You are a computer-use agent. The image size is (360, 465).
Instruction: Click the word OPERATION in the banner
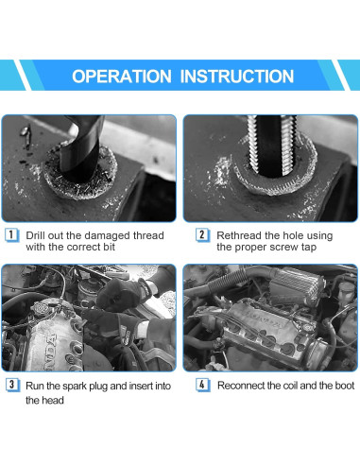122,77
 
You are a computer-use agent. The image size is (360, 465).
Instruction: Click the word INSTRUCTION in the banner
237,77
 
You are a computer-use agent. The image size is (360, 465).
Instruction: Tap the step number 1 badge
12,235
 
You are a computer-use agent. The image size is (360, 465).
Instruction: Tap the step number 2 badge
202,235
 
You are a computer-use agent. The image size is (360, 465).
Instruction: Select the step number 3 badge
12,385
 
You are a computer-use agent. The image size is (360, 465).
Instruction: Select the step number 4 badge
203,385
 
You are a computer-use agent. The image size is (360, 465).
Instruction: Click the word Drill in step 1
35,235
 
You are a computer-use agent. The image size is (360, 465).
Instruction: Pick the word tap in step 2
309,248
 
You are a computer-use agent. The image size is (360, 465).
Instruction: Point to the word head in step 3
53,400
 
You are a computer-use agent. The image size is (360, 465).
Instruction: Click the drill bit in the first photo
82,148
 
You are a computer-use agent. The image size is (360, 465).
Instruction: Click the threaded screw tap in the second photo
272,145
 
